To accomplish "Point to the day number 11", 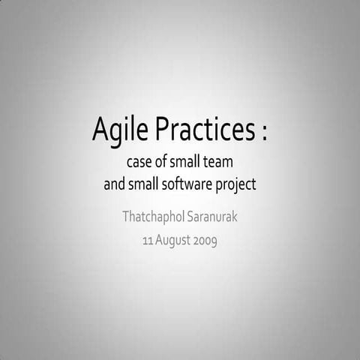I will click(x=147, y=241).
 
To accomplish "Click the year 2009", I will click(x=207, y=241).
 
